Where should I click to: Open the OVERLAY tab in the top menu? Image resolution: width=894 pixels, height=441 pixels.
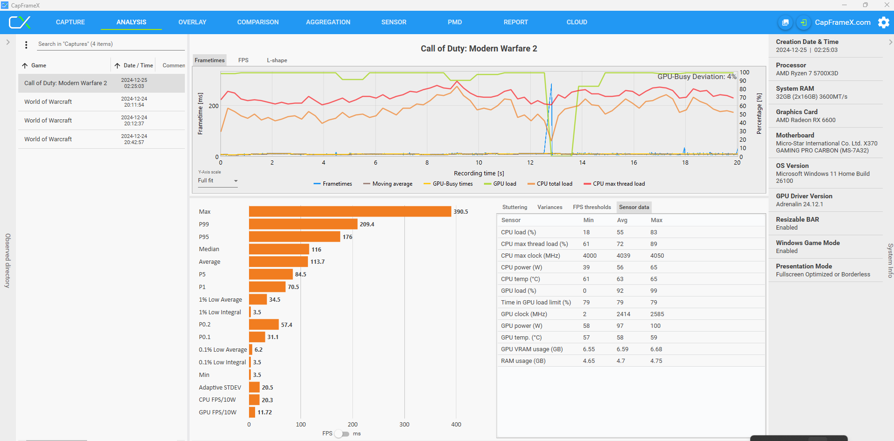coord(192,22)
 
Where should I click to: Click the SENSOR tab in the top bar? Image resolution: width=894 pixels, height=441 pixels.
coord(394,22)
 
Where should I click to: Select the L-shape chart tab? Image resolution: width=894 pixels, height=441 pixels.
coord(277,60)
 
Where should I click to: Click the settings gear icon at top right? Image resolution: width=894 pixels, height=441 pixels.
coord(884,22)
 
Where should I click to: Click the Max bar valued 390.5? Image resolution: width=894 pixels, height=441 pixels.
coord(350,212)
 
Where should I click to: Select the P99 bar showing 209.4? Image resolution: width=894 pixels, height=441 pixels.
coord(303,224)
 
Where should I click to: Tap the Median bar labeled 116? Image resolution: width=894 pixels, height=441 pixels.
coord(279,249)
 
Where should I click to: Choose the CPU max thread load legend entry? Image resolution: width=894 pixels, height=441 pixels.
coord(614,184)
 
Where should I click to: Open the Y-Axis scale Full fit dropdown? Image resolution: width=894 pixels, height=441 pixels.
coord(218,181)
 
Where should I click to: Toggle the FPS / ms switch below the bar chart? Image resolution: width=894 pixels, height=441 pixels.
coord(342,434)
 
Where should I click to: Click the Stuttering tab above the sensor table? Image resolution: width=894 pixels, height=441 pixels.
coord(514,207)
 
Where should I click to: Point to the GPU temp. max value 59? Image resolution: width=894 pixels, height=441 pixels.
coord(654,338)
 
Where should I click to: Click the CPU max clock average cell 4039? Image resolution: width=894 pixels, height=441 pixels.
coord(623,256)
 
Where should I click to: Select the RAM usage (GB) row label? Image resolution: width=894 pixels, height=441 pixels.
coord(523,361)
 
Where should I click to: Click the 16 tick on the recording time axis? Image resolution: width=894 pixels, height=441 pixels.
coord(634,163)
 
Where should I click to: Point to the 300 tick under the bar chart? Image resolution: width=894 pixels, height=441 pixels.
coord(404,425)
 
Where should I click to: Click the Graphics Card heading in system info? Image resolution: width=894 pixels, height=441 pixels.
coord(797,112)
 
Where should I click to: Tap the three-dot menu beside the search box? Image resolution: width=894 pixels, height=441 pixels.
coord(26,44)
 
